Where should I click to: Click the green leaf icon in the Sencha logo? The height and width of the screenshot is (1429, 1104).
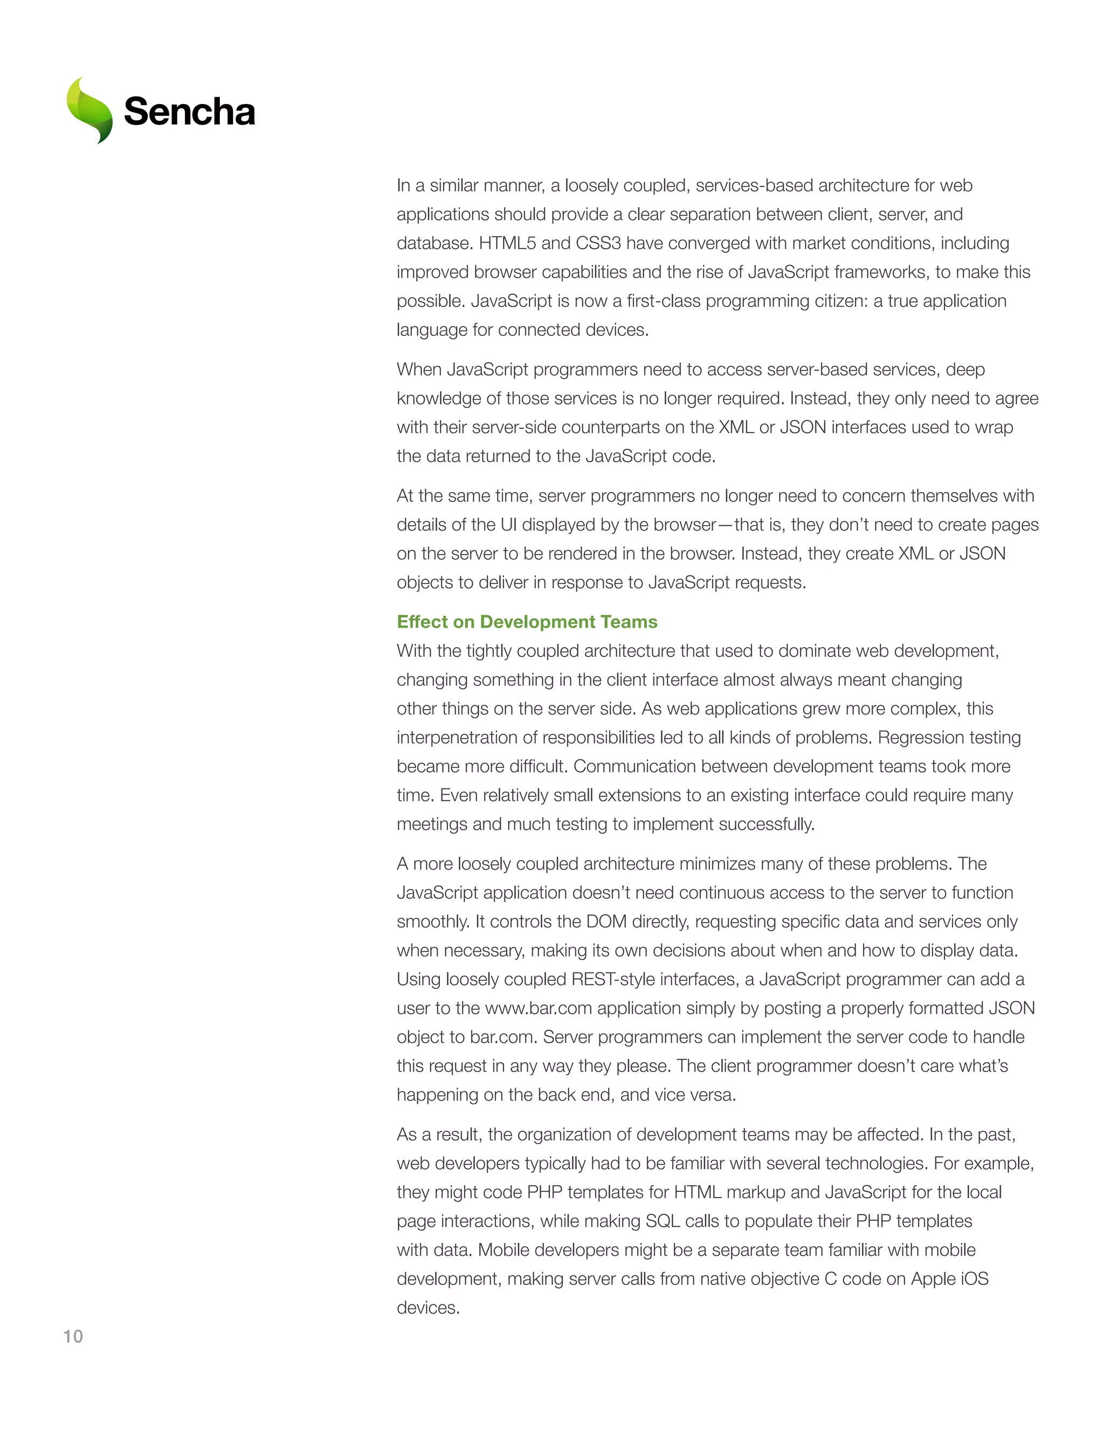point(89,110)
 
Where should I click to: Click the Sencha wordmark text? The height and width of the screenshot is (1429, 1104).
point(189,112)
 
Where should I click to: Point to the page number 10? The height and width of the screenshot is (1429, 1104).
point(73,1336)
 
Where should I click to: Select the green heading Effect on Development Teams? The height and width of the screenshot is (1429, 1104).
point(527,622)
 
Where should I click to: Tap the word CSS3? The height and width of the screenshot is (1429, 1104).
point(598,243)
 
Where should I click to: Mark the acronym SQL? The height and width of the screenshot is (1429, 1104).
point(663,1221)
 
